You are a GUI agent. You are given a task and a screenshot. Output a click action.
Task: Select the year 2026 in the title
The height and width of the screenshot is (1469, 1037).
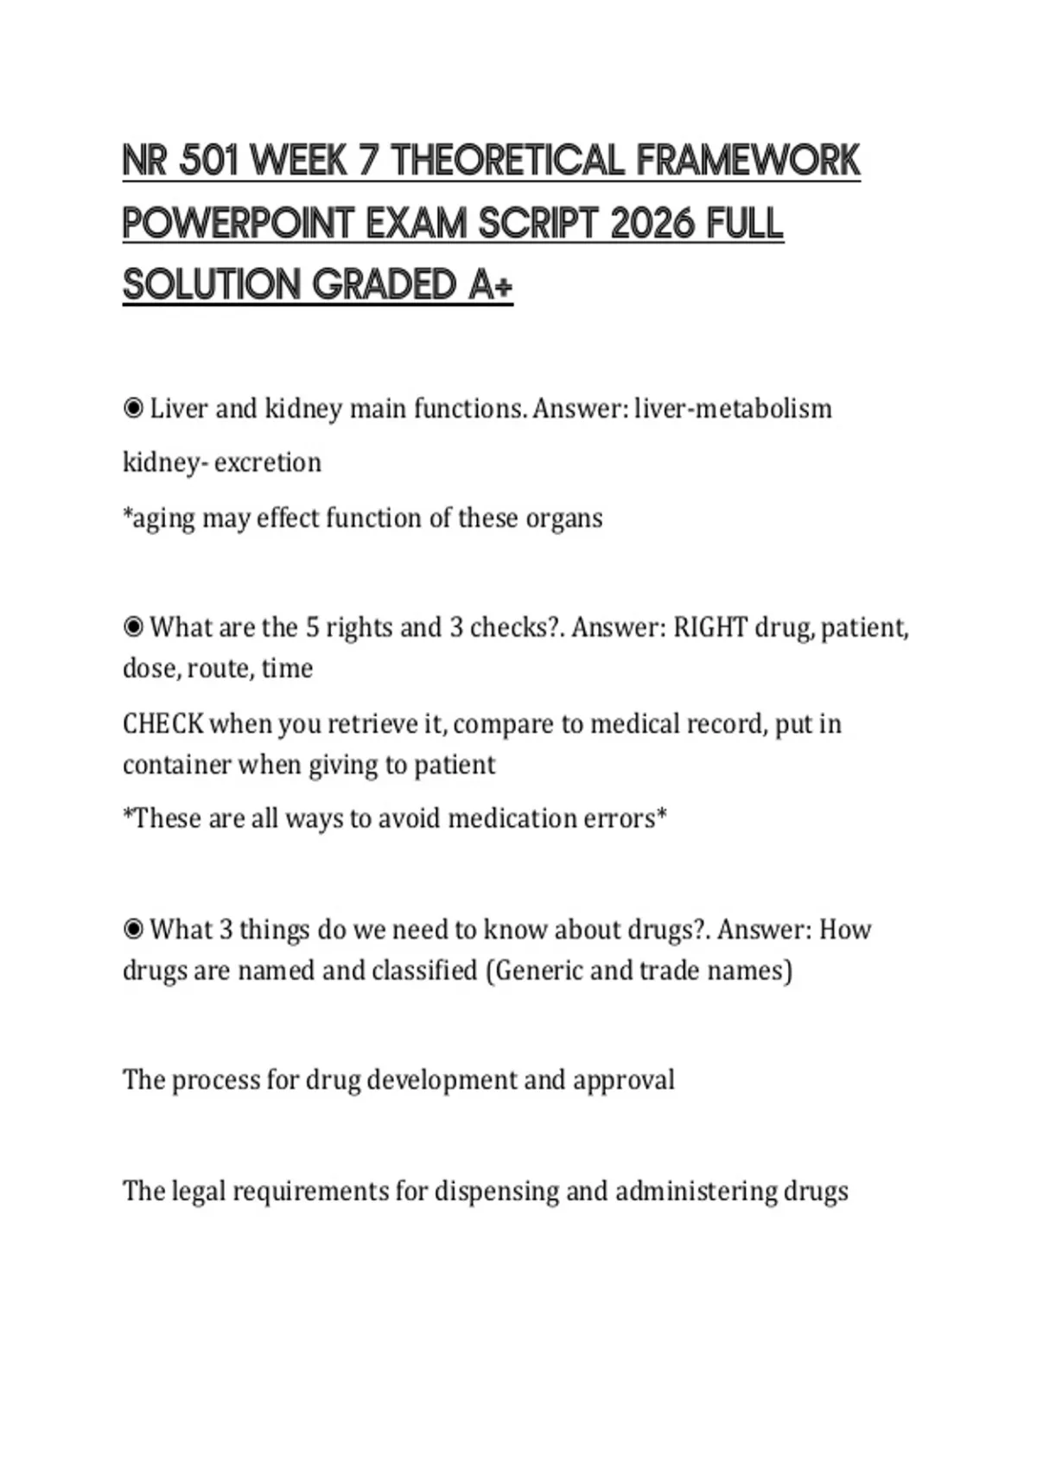coord(652,223)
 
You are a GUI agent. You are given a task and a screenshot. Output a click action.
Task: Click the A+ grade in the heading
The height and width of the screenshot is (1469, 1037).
coord(491,285)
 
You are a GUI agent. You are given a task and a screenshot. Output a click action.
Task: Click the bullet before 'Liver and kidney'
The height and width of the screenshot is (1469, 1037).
coord(133,408)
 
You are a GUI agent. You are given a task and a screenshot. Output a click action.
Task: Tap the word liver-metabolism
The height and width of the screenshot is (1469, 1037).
coord(733,408)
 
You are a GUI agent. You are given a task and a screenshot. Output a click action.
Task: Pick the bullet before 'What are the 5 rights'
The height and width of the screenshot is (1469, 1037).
coord(133,626)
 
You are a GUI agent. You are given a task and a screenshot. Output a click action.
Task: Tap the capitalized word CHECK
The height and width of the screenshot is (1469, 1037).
coord(163,723)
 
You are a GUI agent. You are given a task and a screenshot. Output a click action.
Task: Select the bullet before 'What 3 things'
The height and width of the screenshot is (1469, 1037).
coord(133,929)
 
